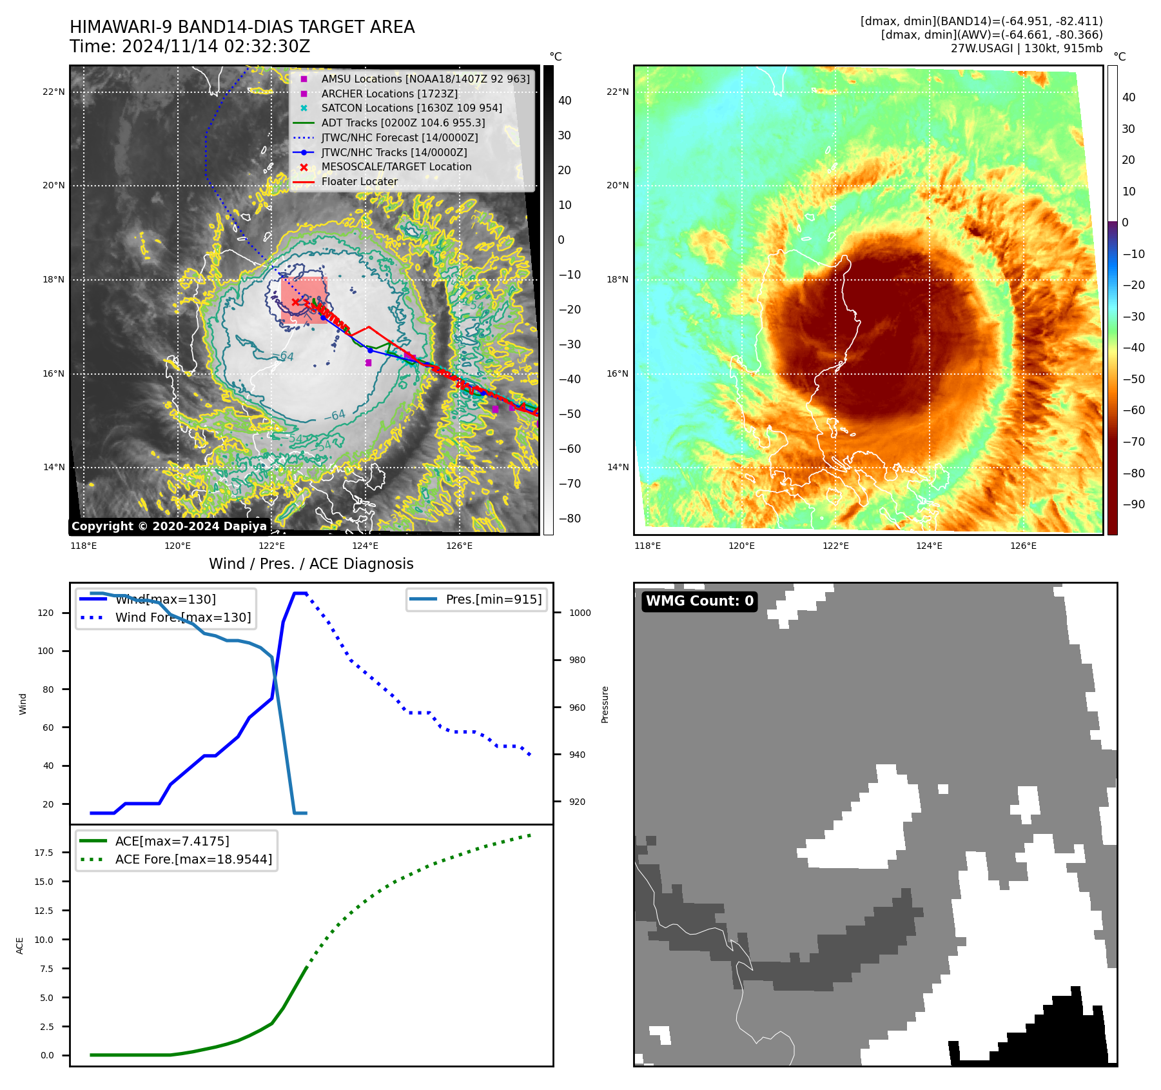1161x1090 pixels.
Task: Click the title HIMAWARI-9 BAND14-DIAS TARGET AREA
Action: pos(242,27)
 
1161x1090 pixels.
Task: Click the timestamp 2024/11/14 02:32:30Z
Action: pos(215,46)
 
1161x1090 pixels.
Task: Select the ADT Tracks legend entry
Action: pos(403,123)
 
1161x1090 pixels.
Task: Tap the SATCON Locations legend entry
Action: pos(411,108)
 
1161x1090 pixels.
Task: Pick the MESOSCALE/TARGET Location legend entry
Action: pos(396,166)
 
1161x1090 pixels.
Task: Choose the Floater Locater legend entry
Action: pos(359,181)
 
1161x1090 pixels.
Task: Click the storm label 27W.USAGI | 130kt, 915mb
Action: pos(1026,48)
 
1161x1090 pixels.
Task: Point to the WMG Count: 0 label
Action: pos(699,601)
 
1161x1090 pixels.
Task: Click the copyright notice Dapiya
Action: pos(169,526)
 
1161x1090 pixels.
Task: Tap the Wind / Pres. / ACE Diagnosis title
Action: pos(311,564)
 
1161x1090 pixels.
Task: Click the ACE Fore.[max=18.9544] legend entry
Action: pos(193,859)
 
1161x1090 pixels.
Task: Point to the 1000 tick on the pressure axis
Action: pos(580,613)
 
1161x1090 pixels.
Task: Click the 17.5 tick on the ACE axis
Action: pos(44,853)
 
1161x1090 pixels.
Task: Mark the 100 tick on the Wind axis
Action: pos(46,651)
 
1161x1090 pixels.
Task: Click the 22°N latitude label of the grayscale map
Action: pos(54,92)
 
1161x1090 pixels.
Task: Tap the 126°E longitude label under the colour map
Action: pos(1023,546)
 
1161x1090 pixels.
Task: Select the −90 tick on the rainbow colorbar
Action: pos(1133,504)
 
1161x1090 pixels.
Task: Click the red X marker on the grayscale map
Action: pos(295,302)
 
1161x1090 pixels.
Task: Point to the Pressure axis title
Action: pos(605,704)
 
